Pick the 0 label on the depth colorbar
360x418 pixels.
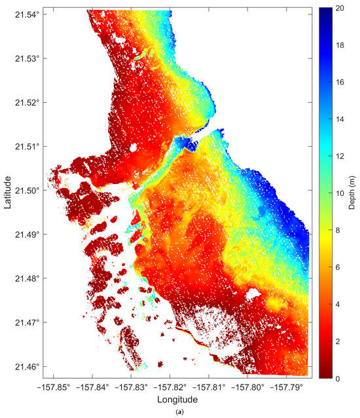pyautogui.click(x=338, y=378)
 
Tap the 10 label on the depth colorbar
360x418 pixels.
pyautogui.click(x=340, y=193)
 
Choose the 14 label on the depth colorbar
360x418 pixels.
pyautogui.click(x=340, y=119)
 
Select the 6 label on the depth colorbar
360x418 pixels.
pyautogui.click(x=338, y=267)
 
